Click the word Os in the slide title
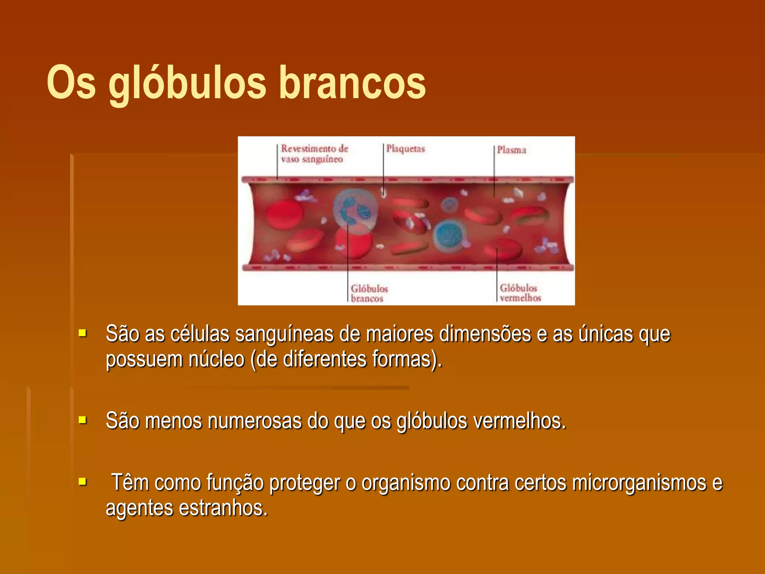(71, 83)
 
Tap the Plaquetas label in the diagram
(405, 149)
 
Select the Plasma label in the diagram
(511, 150)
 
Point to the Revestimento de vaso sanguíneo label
(314, 154)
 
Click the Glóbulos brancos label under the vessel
(369, 293)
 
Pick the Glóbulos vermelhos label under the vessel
(520, 293)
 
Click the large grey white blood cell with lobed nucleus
(355, 212)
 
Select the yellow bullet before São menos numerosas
(83, 420)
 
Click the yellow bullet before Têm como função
(83, 481)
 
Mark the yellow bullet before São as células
(83, 333)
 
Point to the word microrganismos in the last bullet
(639, 483)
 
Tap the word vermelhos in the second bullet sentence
(519, 422)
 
